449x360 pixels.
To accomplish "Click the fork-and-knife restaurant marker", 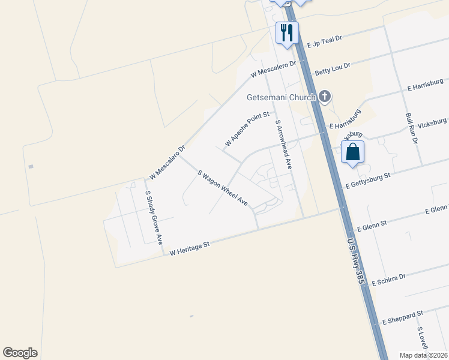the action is coord(287,32).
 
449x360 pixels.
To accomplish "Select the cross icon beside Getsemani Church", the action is coord(325,96).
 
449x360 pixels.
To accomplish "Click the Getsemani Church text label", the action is coord(281,97).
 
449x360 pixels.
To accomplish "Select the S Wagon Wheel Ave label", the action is coord(223,188).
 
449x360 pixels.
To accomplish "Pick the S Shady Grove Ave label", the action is coord(154,217).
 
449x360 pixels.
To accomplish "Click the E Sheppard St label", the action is coord(403,317).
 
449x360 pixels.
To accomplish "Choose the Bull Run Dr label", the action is coord(411,128).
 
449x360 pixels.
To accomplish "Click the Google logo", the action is coord(20,353).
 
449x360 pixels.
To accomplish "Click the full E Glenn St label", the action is coord(372,226).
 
